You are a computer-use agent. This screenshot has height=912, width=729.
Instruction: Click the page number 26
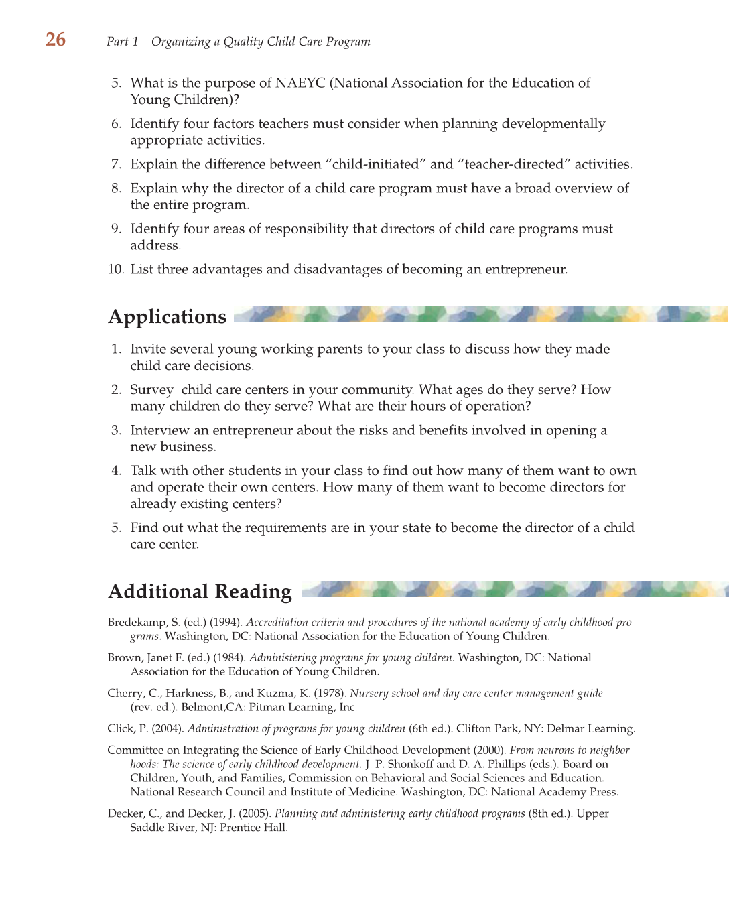[x=56, y=40]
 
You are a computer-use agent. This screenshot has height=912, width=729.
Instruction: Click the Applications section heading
[x=168, y=316]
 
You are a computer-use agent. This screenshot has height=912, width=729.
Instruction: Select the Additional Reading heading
[x=200, y=591]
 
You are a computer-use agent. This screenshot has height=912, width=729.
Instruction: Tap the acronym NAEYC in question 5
[x=300, y=83]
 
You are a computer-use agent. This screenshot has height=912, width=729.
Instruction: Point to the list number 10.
[x=115, y=269]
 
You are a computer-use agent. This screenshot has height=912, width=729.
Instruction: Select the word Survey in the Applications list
[x=151, y=389]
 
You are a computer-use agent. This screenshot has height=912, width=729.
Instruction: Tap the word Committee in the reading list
[x=135, y=751]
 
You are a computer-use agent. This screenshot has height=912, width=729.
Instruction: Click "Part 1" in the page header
[x=122, y=42]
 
